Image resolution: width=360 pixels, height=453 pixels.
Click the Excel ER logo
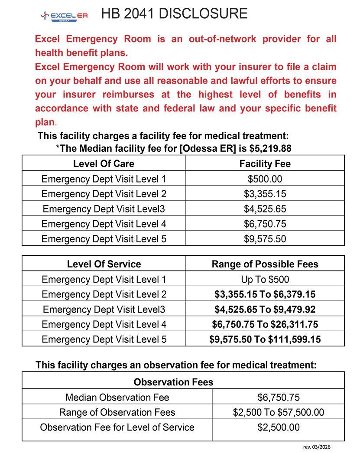(x=64, y=16)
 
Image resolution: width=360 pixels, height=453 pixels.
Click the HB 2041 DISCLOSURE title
(x=174, y=13)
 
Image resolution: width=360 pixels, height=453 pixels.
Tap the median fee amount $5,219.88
(x=270, y=149)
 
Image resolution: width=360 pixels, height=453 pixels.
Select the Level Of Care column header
(x=104, y=164)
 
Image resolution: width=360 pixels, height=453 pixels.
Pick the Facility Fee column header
(x=265, y=164)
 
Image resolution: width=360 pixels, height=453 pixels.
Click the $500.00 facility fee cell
(x=265, y=179)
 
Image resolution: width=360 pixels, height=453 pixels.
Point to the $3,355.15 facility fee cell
(x=265, y=194)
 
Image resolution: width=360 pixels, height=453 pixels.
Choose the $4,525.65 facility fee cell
(x=265, y=209)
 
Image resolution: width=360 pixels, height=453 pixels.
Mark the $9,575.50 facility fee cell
(x=265, y=239)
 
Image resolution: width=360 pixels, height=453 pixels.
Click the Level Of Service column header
(x=104, y=264)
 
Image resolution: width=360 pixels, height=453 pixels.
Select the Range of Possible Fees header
(x=265, y=264)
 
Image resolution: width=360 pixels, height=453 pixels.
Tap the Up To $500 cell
(x=265, y=280)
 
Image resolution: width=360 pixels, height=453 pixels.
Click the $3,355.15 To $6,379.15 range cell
(x=265, y=295)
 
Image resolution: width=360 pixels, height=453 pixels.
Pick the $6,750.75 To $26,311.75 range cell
(x=265, y=324)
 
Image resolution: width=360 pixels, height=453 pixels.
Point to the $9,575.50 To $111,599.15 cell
(x=265, y=339)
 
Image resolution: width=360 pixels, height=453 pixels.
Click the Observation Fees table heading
(x=173, y=382)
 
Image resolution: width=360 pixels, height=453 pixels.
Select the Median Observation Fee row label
(x=117, y=397)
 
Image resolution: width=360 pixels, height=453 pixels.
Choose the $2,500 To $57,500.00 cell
(x=278, y=412)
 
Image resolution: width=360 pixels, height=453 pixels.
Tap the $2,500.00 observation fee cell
(x=278, y=427)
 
